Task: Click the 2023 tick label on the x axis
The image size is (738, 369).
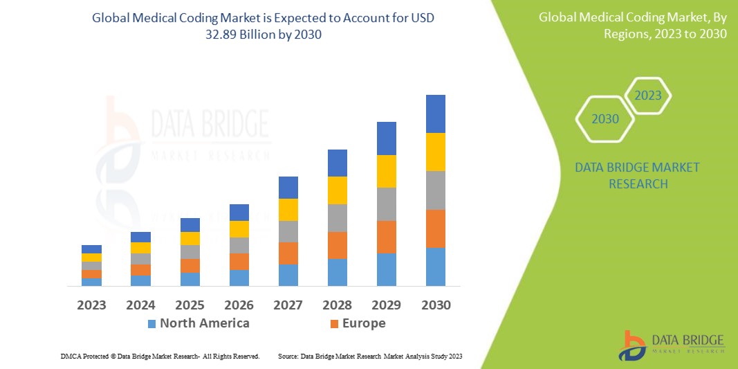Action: pos(91,305)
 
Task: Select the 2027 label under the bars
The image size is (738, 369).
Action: pos(288,305)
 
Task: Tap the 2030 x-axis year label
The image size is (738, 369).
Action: pos(436,305)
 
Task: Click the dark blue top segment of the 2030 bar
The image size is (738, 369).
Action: pos(435,114)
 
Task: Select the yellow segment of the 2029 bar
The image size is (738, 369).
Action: pos(386,171)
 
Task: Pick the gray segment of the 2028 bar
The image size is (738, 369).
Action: pos(337,217)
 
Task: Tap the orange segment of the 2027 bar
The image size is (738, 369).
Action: pos(288,253)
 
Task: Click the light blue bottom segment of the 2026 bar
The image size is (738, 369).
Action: pos(239,278)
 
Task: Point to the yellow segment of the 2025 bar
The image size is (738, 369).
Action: pos(190,238)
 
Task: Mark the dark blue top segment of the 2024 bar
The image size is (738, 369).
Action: pos(140,237)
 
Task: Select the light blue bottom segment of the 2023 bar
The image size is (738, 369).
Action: pos(91,282)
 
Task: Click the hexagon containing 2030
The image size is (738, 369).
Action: pos(605,119)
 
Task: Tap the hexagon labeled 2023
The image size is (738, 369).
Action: pos(648,96)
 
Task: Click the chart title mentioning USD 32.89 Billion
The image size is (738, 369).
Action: pos(263,26)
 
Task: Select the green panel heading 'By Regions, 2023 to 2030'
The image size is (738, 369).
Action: pos(632,26)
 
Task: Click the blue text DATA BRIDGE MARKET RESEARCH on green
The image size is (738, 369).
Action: pos(637,176)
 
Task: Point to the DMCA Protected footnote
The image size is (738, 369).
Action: pos(160,356)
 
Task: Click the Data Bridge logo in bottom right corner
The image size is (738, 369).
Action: pos(671,345)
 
